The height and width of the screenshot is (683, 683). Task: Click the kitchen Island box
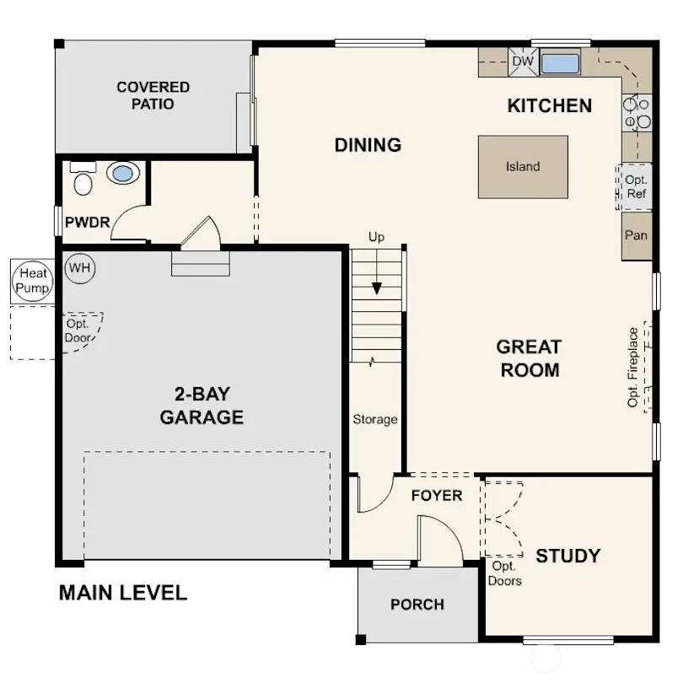(x=523, y=167)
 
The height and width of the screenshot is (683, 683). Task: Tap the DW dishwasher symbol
(x=523, y=62)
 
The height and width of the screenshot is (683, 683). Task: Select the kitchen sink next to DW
(x=560, y=63)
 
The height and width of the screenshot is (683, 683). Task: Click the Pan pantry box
(x=636, y=234)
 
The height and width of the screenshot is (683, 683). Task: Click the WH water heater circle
(x=80, y=268)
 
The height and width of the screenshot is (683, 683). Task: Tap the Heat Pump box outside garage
(x=32, y=281)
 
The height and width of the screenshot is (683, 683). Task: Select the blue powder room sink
(x=123, y=174)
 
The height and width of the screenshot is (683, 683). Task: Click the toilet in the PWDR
(x=83, y=180)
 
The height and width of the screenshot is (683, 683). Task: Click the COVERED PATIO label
(x=153, y=95)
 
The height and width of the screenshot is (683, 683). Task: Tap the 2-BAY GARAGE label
(x=202, y=406)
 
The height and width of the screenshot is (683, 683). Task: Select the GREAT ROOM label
(x=529, y=358)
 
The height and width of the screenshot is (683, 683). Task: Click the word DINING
(x=368, y=145)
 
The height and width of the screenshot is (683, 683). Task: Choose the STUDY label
(x=568, y=556)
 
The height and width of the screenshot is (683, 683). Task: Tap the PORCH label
(x=417, y=605)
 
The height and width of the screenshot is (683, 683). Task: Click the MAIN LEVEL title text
(x=123, y=593)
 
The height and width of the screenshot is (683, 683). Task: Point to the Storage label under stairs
(x=375, y=419)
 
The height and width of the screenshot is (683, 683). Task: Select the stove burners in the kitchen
(x=637, y=113)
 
